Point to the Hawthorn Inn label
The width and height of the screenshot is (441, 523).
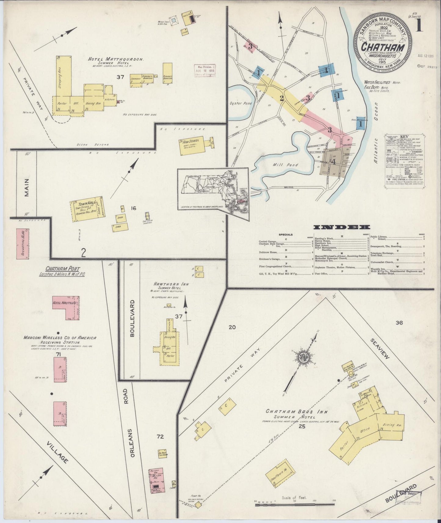[x=173, y=284]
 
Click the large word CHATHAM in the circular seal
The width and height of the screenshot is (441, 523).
[x=383, y=47]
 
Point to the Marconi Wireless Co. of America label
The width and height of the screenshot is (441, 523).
[x=60, y=338]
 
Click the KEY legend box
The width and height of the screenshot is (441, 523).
[x=404, y=159]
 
